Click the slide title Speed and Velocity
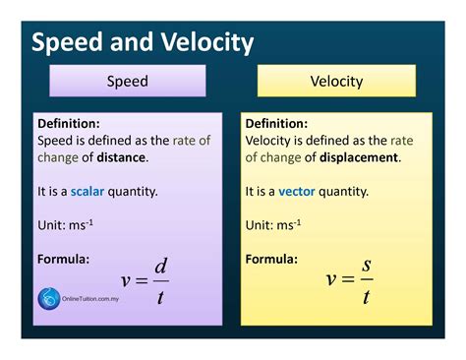[x=143, y=42]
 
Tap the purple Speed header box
[x=127, y=81]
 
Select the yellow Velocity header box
[x=336, y=81]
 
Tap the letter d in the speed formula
[x=161, y=266]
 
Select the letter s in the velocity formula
[x=367, y=266]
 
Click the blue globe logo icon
[x=48, y=299]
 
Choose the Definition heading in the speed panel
[x=68, y=124]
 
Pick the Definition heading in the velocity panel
[x=277, y=124]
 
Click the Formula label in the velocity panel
[x=271, y=259]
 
